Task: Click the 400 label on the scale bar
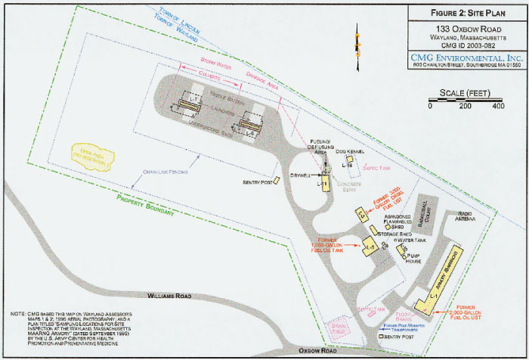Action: [497, 106]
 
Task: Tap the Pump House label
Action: [414, 256]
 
